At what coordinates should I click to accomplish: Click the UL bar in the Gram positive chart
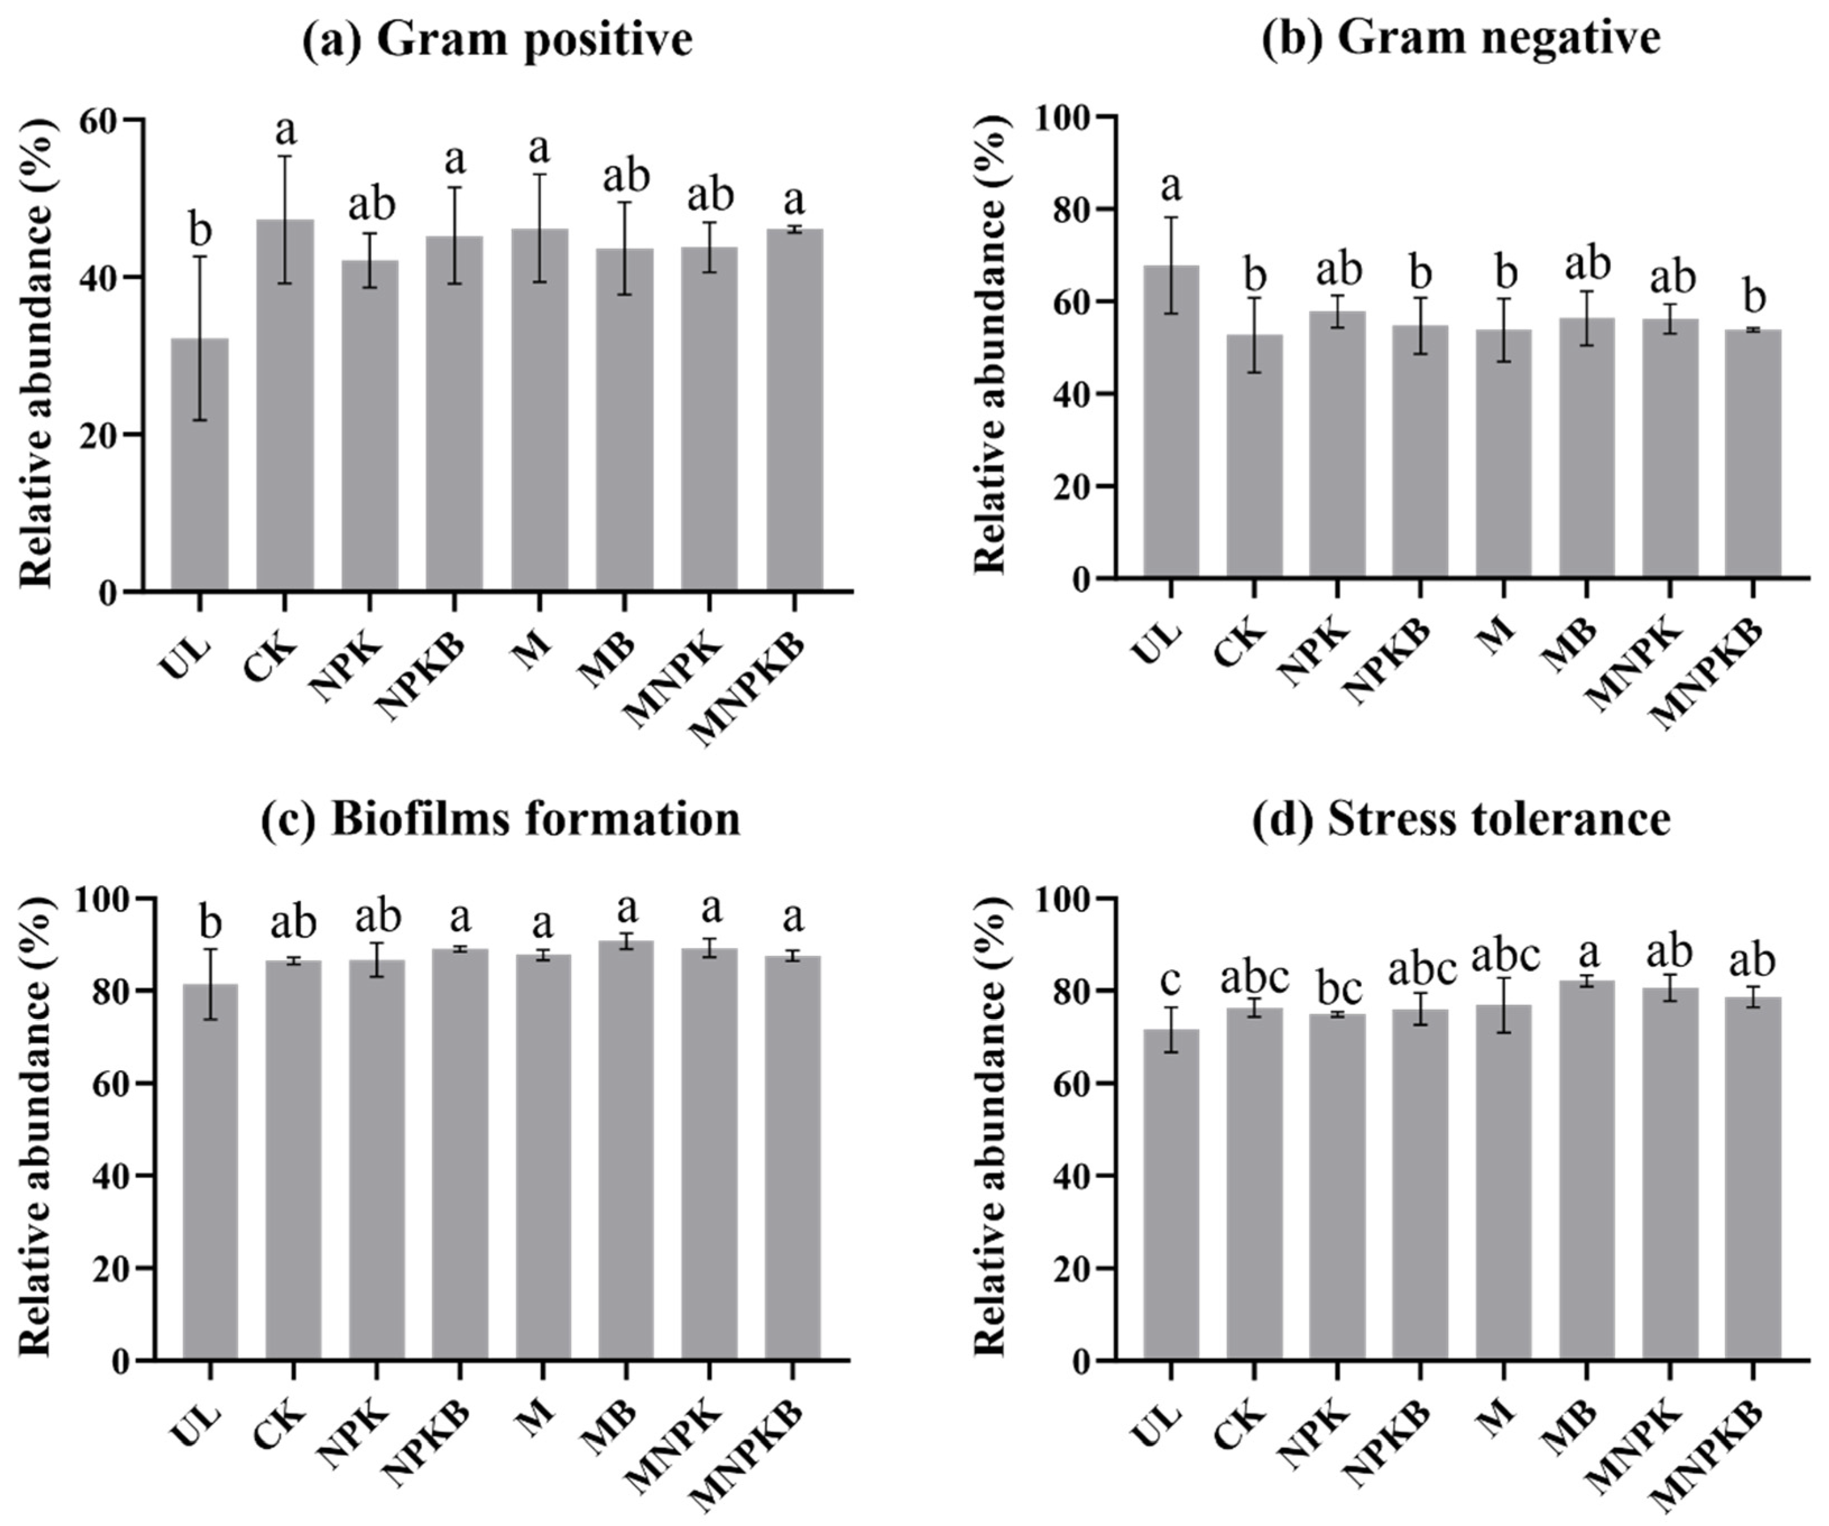pyautogui.click(x=200, y=466)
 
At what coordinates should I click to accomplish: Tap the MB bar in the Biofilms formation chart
pyautogui.click(x=625, y=1150)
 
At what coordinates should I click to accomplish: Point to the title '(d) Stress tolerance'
pyautogui.click(x=1461, y=819)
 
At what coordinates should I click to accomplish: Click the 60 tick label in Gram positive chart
pyautogui.click(x=99, y=120)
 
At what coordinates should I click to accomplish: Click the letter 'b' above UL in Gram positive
pyautogui.click(x=200, y=231)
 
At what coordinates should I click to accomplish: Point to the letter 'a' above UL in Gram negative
pyautogui.click(x=1171, y=184)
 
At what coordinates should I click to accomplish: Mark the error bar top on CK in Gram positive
pyautogui.click(x=285, y=157)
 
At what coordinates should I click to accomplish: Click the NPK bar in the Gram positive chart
pyautogui.click(x=370, y=427)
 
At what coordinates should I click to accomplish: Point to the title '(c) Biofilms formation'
pyautogui.click(x=501, y=819)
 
